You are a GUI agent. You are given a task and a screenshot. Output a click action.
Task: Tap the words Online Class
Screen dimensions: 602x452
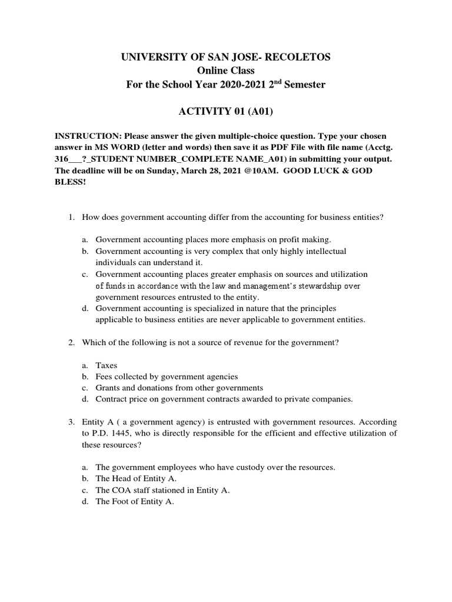click(226, 71)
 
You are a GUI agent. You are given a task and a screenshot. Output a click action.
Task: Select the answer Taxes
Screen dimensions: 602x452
click(107, 365)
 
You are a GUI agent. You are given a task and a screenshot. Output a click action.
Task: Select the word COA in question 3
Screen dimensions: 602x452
click(122, 490)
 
